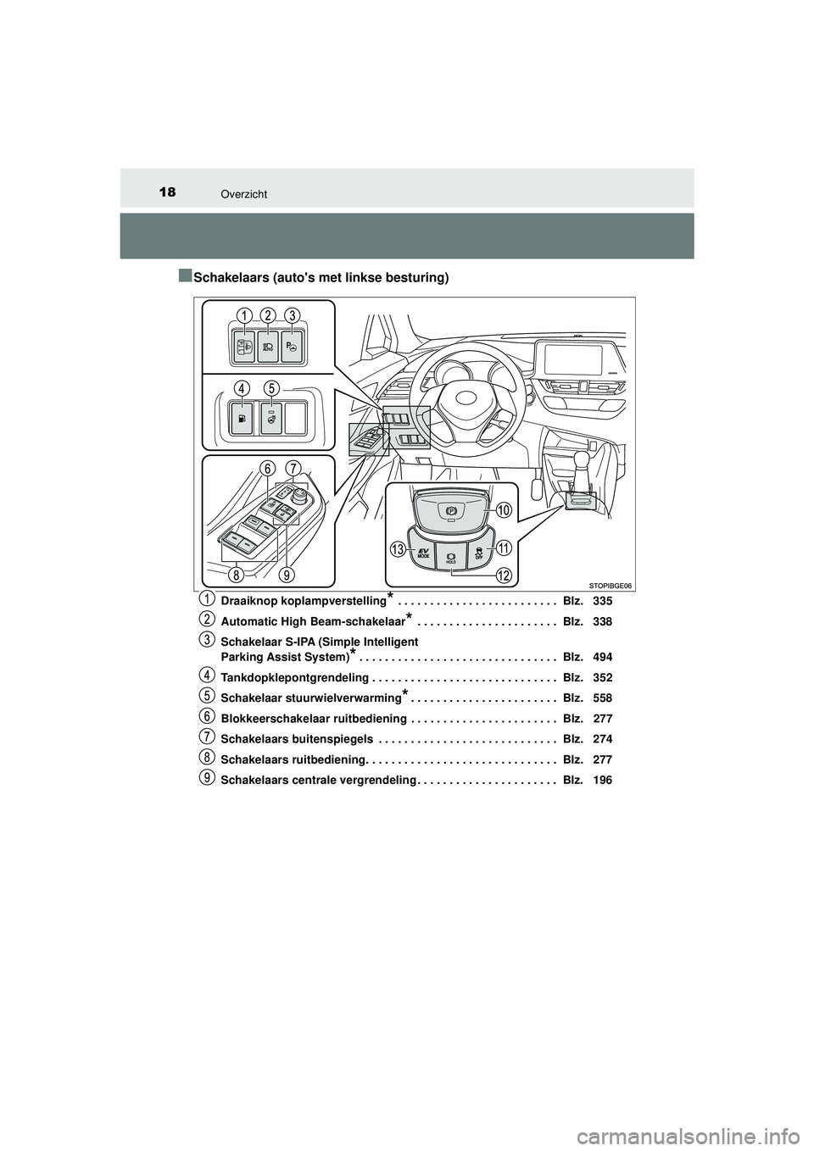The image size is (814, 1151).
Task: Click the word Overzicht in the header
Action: [x=245, y=194]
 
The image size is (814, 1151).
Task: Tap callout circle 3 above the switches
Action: [x=292, y=316]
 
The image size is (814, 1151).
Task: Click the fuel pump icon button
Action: [x=244, y=418]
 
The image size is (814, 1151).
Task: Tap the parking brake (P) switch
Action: [x=450, y=512]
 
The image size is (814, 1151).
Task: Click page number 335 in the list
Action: [x=603, y=601]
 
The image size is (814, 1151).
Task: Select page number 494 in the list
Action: [x=603, y=657]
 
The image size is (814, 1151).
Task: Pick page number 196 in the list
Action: [x=603, y=780]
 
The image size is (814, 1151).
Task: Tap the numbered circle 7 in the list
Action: [x=208, y=736]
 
